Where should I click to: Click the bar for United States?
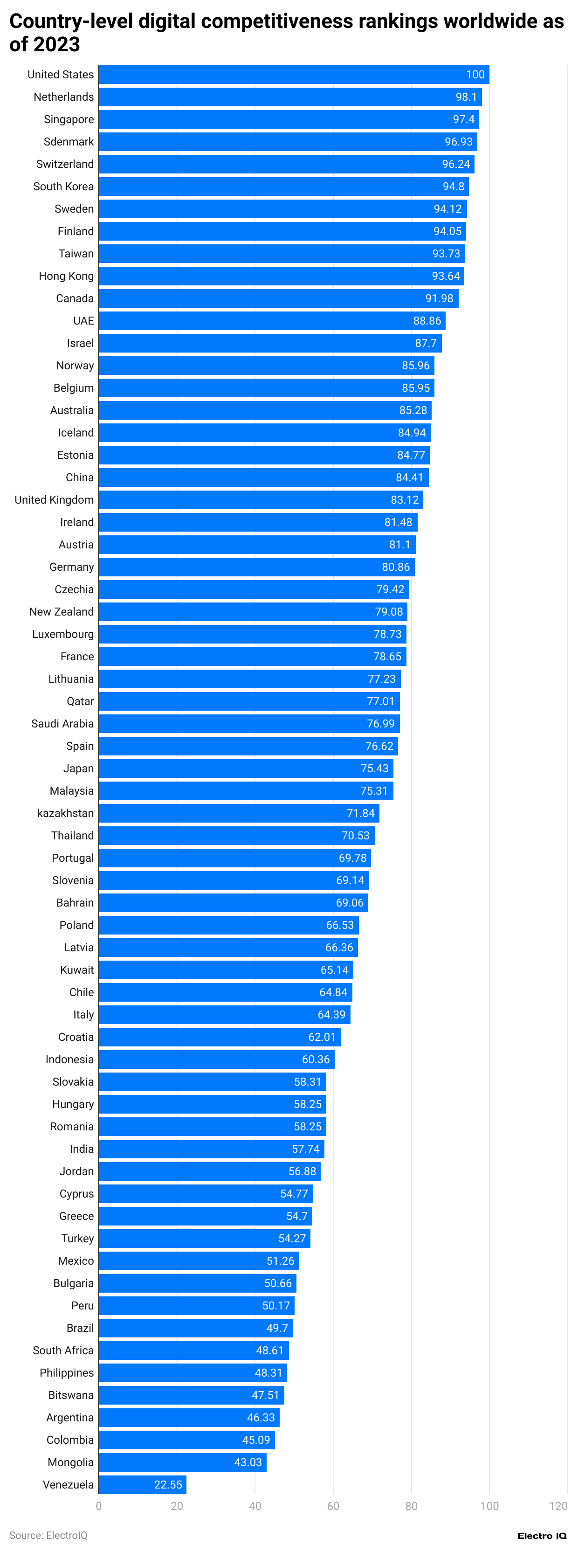pos(294,75)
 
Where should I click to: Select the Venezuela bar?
pos(142,1484)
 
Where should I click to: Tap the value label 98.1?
pos(466,97)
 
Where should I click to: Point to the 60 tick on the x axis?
pos(333,1506)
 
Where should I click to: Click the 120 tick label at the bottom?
pos(558,1506)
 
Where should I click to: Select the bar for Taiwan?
pos(282,254)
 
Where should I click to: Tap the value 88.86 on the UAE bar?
pos(427,321)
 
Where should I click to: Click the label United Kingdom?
pos(54,500)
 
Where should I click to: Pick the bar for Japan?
pos(246,769)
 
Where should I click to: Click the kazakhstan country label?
pos(65,813)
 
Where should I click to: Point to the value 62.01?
pos(322,1037)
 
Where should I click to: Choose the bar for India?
pos(211,1149)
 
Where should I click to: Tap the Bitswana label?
pos(71,1395)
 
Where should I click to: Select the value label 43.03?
pos(248,1462)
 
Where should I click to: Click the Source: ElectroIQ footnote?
pos(48,1535)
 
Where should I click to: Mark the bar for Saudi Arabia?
pos(249,724)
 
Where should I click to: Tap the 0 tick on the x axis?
pos(99,1506)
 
